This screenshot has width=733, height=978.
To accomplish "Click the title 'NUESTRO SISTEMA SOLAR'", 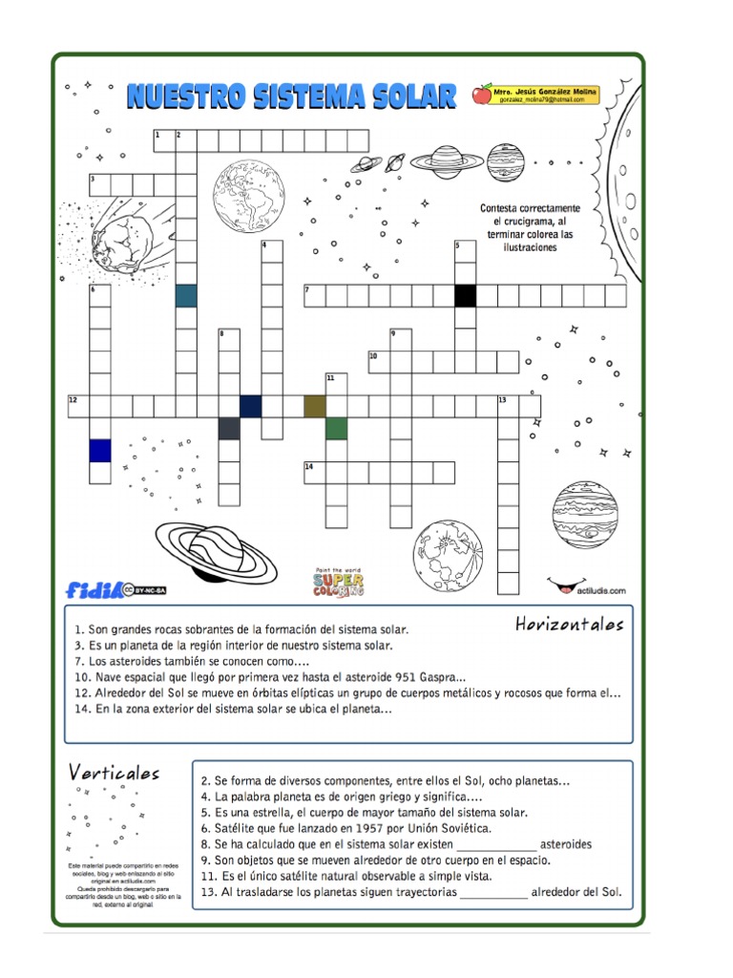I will click(x=292, y=96).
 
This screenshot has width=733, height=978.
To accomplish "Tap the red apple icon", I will click(x=481, y=94).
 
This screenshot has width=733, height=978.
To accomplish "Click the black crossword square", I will click(x=465, y=296).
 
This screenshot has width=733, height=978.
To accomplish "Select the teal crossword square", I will click(x=186, y=296).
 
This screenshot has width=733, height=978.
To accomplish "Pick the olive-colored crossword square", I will click(x=315, y=406).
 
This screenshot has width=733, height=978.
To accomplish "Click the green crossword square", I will click(x=336, y=428).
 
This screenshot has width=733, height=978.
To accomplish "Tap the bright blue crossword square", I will click(x=100, y=450).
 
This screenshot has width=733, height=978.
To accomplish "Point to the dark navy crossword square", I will click(x=250, y=406).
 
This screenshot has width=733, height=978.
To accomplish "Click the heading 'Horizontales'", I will click(x=569, y=625).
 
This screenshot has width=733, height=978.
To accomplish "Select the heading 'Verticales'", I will click(x=114, y=773).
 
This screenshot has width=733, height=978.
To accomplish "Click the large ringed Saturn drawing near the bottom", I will click(x=216, y=551).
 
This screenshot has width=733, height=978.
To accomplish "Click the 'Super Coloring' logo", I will click(x=338, y=583).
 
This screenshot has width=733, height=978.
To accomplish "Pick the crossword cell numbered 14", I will click(x=315, y=472).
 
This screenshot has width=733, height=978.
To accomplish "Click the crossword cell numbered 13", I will click(x=508, y=406).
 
